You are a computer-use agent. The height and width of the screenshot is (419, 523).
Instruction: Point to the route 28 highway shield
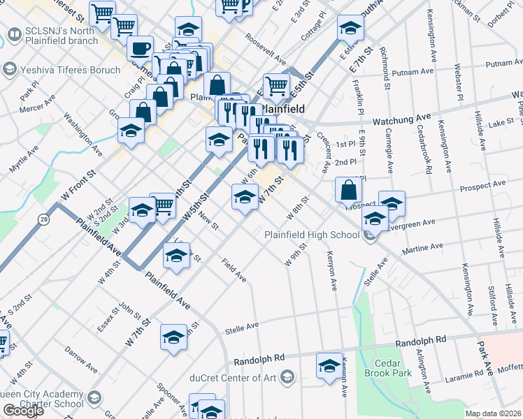(44, 219)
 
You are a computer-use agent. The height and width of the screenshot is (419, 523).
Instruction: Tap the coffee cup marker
(140, 50)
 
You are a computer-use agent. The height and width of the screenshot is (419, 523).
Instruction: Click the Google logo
(23, 411)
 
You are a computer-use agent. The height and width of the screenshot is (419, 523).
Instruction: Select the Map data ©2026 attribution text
(493, 413)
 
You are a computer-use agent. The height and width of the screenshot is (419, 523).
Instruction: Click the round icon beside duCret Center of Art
(286, 378)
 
